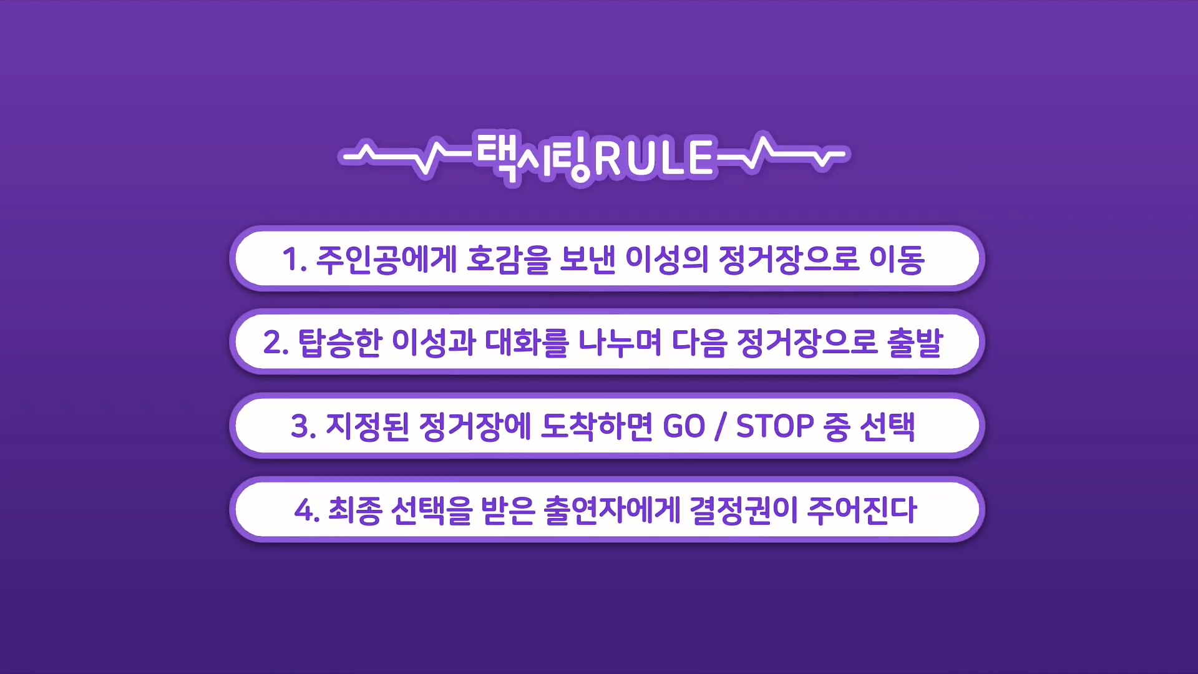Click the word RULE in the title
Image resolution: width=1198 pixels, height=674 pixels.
click(653, 157)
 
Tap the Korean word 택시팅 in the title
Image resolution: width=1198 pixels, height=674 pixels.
click(534, 157)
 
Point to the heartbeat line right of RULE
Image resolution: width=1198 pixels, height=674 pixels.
click(782, 152)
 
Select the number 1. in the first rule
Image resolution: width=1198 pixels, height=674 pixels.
click(295, 259)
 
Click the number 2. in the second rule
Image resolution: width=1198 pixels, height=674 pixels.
click(276, 343)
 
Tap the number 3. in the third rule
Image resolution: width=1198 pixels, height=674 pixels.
click(304, 427)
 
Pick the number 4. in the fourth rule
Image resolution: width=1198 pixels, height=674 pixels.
click(307, 510)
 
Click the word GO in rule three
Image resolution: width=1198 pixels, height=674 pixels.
click(684, 427)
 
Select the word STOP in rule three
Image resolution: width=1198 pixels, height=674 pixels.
click(775, 427)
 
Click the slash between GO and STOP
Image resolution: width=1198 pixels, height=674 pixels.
click(721, 427)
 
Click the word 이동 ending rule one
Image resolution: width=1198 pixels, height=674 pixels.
click(897, 259)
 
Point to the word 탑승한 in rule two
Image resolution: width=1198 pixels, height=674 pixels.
click(340, 343)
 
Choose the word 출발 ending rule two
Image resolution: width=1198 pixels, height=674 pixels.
click(915, 343)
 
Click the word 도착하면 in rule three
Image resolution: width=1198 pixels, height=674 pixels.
click(597, 427)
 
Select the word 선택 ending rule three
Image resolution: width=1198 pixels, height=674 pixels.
click(887, 427)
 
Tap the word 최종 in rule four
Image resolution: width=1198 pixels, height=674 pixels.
click(355, 510)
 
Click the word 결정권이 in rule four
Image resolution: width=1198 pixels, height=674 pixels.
click(744, 510)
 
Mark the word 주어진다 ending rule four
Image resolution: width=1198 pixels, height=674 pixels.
click(862, 510)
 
